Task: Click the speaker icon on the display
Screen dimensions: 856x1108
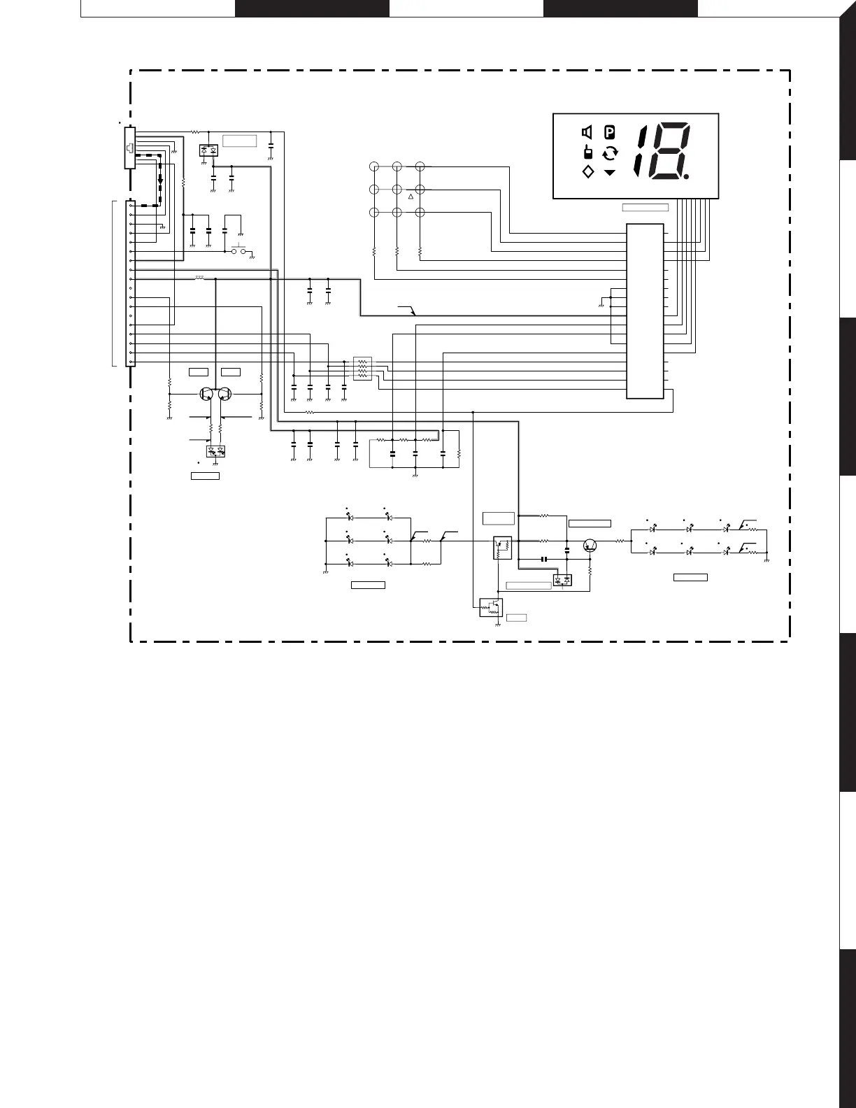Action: click(587, 132)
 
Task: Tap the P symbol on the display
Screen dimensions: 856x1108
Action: click(610, 132)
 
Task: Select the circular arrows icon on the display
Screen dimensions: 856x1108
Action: click(610, 153)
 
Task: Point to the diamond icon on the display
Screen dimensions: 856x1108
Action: click(587, 172)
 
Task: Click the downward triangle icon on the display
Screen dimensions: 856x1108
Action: click(610, 172)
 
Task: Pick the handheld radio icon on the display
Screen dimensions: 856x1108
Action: click(587, 152)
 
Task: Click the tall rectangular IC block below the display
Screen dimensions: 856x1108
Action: click(645, 311)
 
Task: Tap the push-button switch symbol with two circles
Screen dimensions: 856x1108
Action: click(239, 250)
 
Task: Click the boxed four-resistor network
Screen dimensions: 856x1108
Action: click(362, 368)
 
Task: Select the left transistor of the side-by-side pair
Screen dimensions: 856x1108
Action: click(206, 394)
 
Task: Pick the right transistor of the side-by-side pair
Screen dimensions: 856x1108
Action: click(224, 394)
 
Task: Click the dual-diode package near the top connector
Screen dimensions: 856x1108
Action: click(208, 150)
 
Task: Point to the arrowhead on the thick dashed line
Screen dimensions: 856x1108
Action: click(160, 181)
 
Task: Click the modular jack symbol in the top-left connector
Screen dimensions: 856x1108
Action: click(129, 148)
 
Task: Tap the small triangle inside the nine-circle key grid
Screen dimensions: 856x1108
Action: click(411, 197)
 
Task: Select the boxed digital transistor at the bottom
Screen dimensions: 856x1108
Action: click(491, 607)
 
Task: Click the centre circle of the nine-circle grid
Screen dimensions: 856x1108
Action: click(397, 189)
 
